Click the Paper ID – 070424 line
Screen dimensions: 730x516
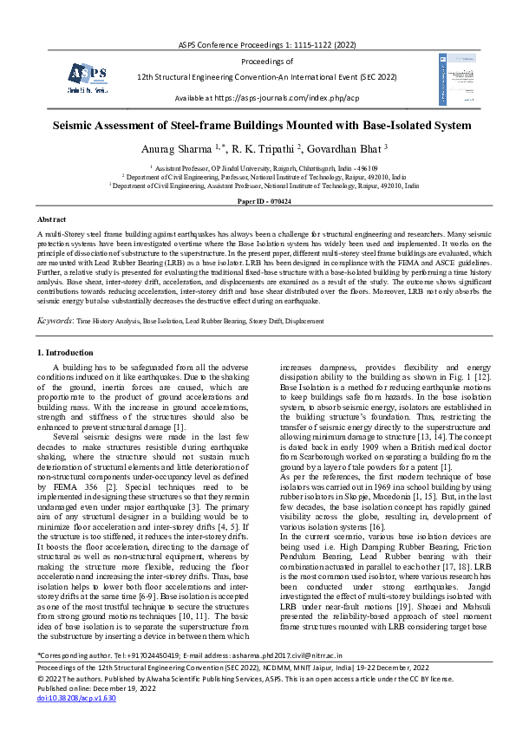(x=258, y=201)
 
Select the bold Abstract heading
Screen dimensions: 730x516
(x=51, y=220)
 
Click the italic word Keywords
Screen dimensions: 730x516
(x=54, y=320)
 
